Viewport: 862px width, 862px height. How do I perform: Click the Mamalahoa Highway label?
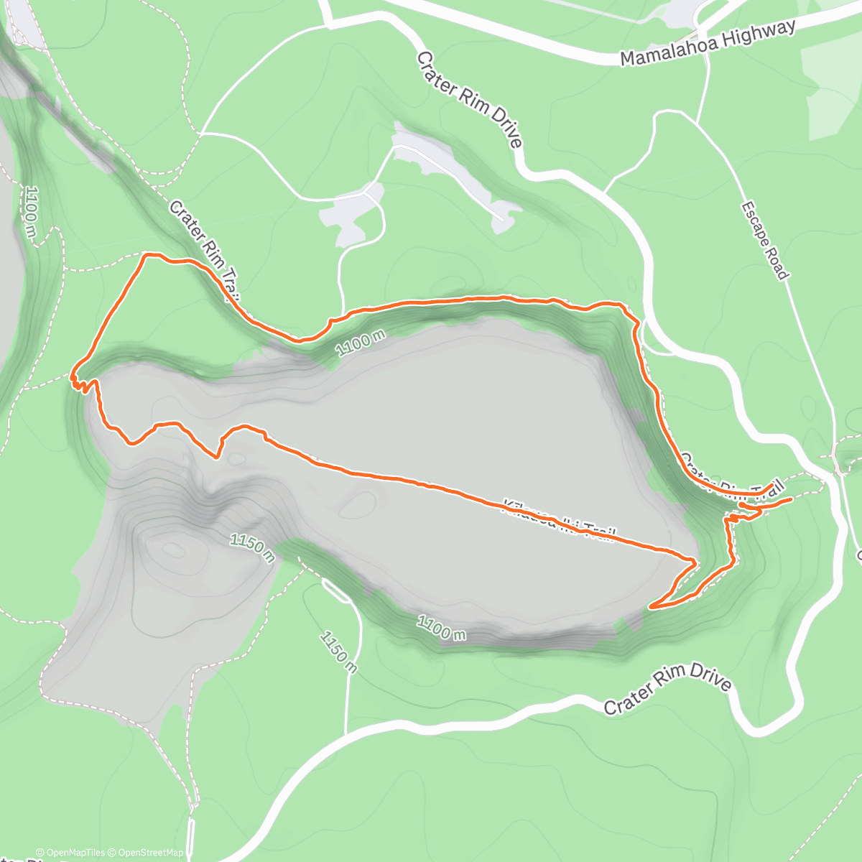pos(708,43)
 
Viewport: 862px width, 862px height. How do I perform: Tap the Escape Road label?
pos(765,241)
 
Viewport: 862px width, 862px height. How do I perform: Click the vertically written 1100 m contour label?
pos(31,212)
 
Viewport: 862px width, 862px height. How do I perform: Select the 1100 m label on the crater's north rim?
pos(361,343)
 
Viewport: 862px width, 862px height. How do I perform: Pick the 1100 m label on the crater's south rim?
pos(441,627)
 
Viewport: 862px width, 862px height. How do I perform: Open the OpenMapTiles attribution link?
pos(70,853)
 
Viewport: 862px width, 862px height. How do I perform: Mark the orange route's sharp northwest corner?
pos(147,255)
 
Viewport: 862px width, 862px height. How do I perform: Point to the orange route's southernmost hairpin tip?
pos(651,608)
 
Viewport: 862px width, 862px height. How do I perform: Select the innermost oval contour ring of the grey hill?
pos(172,550)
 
